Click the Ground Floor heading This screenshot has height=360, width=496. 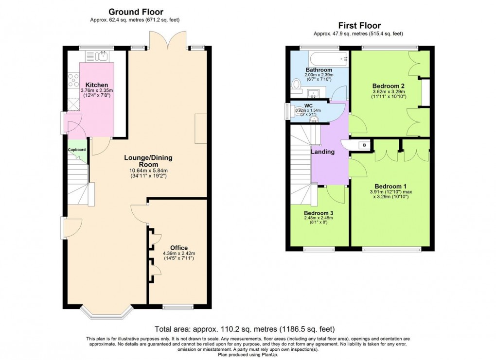136,12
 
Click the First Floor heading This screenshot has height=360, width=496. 359,26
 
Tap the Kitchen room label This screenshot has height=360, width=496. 97,85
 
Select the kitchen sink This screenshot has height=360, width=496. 103,57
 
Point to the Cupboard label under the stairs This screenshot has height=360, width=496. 77,150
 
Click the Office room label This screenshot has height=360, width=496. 178,248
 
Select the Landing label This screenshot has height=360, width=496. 323,152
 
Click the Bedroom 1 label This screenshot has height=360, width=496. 390,186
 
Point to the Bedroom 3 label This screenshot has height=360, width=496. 319,213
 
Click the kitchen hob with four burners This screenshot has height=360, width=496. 74,80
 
